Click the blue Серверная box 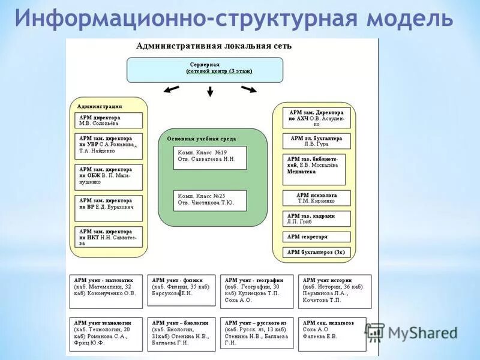tap(205, 70)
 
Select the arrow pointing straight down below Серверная tap(210, 91)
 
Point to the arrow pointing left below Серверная tap(171, 90)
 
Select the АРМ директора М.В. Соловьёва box tap(109, 121)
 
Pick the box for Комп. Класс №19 tap(210, 157)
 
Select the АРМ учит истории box tap(335, 292)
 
